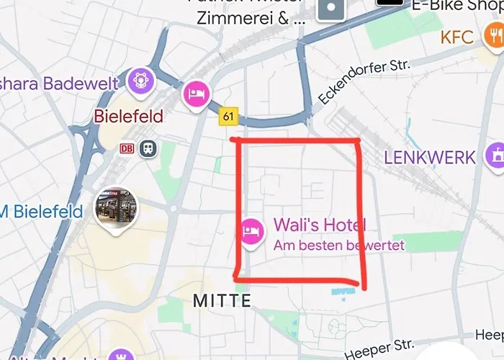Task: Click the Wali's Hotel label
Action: [x=320, y=226]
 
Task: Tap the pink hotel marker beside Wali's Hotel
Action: [x=251, y=231]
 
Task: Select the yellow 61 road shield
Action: [x=229, y=116]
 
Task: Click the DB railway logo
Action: [x=127, y=148]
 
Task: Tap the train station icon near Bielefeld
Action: [x=149, y=148]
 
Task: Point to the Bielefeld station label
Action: [x=129, y=116]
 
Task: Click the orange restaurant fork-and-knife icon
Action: [x=492, y=36]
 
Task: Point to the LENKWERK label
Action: [x=430, y=157]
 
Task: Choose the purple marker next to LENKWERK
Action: [x=495, y=156]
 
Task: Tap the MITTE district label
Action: [x=222, y=300]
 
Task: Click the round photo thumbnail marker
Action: [x=115, y=211]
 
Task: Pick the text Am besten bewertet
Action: [x=339, y=246]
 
